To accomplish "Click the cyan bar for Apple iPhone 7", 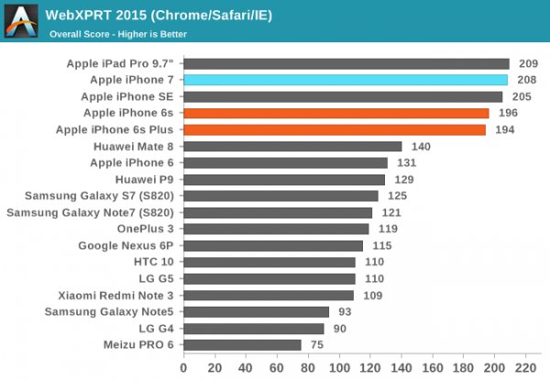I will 346,80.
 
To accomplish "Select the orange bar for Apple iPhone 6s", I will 335,113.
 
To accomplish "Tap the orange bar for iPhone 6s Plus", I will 335,129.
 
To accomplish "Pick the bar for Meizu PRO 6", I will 242,345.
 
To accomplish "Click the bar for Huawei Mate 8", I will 292,146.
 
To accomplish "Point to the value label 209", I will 529,63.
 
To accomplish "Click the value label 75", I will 317,345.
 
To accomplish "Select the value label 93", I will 345,312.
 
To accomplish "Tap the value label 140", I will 422,146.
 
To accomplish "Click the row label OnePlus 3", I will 144,229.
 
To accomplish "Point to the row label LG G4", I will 153,329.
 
